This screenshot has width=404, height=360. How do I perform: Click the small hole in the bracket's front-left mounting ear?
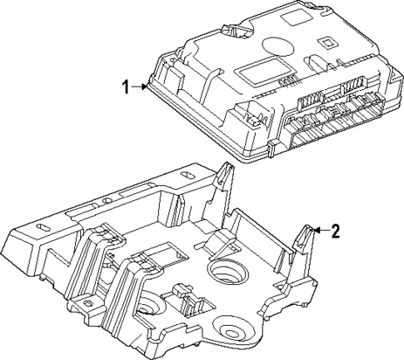pyautogui.click(x=38, y=227)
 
